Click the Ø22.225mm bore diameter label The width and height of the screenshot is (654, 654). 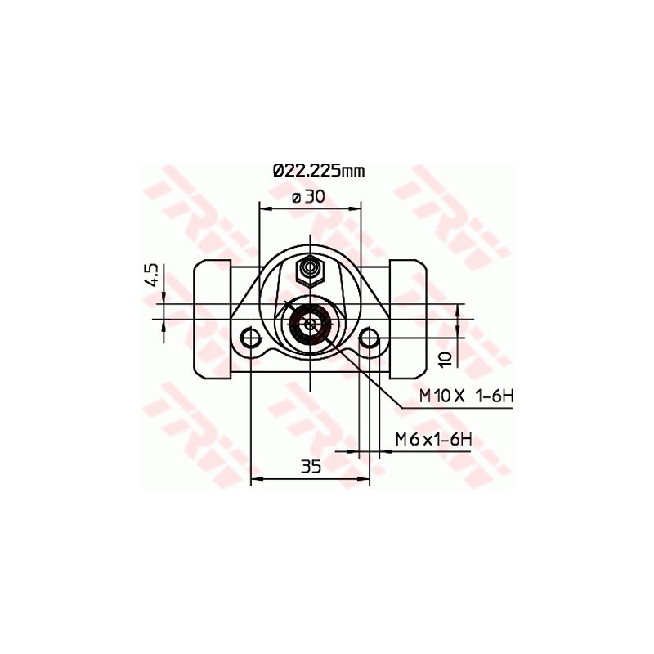click(x=318, y=171)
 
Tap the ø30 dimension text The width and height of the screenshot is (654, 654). click(x=308, y=196)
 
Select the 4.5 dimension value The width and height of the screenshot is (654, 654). click(x=151, y=275)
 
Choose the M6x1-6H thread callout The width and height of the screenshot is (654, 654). click(x=433, y=439)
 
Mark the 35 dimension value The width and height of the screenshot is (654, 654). click(x=310, y=467)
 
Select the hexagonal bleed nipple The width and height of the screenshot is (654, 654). click(x=311, y=268)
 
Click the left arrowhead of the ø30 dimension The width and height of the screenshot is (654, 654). click(x=264, y=208)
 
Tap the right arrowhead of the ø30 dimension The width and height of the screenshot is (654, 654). click(x=356, y=208)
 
